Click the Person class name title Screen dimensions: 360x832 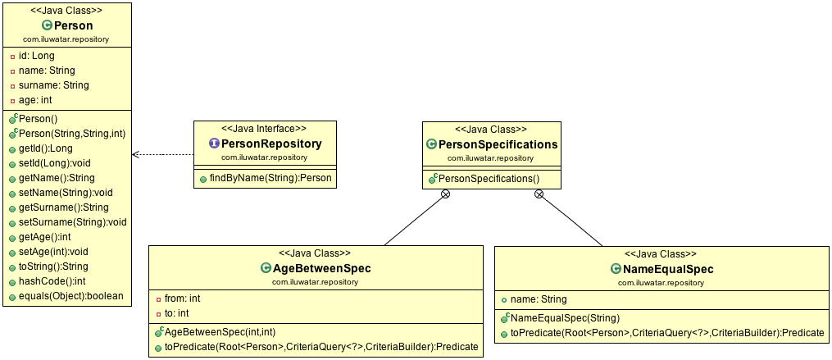point(73,25)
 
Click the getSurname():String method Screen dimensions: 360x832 point(63,207)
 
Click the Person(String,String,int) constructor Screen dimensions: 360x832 point(72,134)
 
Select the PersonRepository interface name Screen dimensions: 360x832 point(271,144)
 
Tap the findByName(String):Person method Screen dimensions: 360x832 point(266,178)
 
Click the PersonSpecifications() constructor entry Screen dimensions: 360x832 point(489,178)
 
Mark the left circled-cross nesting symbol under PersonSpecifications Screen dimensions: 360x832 point(445,194)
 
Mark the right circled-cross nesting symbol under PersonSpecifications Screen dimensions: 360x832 point(539,194)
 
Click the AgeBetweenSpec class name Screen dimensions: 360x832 point(322,268)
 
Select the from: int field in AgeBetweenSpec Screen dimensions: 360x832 point(183,298)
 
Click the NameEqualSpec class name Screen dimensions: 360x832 point(667,269)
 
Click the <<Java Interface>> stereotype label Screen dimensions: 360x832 point(265,129)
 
